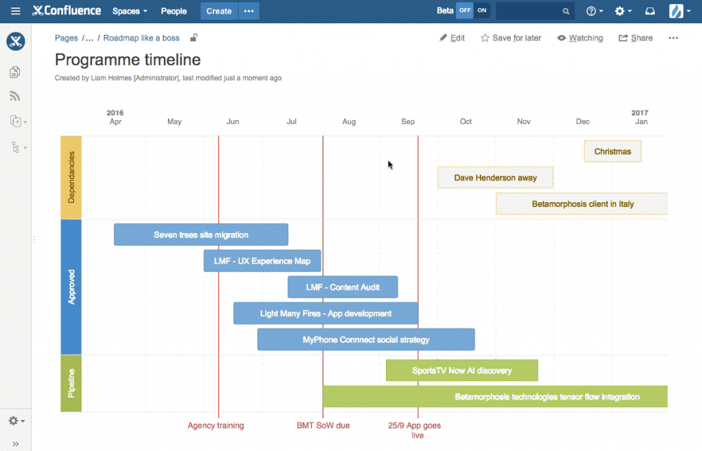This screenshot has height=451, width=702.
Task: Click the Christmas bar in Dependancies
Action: click(612, 151)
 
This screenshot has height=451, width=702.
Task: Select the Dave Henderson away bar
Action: click(495, 178)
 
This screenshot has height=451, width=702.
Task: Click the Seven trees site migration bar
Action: click(201, 234)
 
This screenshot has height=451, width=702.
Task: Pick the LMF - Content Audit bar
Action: click(342, 287)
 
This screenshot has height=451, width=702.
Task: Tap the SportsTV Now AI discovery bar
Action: click(461, 371)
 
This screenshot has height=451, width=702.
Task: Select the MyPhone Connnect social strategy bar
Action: click(366, 339)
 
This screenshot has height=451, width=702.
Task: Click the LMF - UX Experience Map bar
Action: click(262, 261)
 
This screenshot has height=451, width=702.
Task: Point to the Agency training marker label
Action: click(216, 426)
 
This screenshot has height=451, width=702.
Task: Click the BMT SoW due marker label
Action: click(323, 426)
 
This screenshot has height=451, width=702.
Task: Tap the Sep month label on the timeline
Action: click(408, 122)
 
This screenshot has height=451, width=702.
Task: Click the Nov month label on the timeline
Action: click(524, 122)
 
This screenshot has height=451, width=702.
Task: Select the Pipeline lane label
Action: click(71, 383)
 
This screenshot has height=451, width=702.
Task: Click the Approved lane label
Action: click(71, 287)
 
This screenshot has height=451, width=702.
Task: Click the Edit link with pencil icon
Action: click(452, 38)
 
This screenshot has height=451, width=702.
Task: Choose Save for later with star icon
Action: click(511, 38)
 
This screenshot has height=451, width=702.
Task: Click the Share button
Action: click(636, 38)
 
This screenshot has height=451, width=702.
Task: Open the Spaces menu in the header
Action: click(130, 11)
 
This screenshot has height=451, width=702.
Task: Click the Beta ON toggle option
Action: click(482, 11)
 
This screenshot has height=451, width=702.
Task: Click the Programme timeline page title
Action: click(128, 60)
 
